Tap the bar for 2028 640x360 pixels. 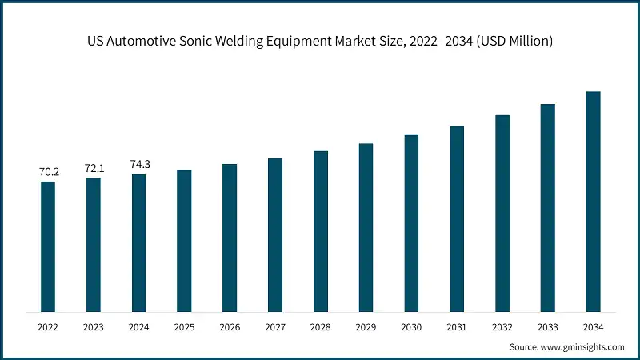pos(321,231)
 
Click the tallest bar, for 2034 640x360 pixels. pos(593,201)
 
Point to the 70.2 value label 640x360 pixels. pos(48,171)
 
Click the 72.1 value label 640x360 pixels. pos(94,168)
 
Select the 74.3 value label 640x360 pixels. pos(139,164)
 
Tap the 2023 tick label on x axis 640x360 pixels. pos(94,327)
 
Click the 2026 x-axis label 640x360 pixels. pos(230,327)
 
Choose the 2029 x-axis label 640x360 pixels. pos(366,327)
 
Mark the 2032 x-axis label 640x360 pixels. pos(502,327)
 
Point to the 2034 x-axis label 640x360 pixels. pos(593,327)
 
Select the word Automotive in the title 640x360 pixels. pos(142,41)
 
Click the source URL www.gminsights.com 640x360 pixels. pos(583,347)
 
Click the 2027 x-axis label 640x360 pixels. pos(275,327)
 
